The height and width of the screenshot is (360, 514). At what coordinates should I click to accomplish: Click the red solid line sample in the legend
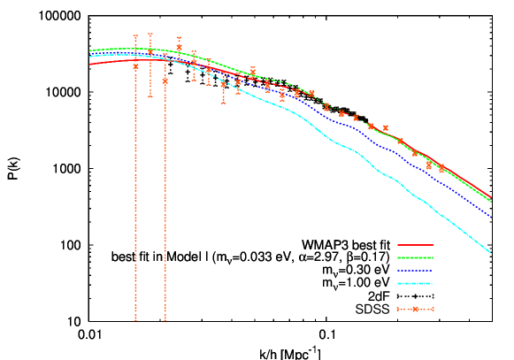coord(415,244)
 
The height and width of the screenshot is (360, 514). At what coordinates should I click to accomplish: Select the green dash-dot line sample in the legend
coord(415,257)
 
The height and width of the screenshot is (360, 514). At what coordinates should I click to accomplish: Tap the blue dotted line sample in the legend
coord(415,271)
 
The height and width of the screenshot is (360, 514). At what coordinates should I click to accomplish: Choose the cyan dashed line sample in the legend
coord(415,284)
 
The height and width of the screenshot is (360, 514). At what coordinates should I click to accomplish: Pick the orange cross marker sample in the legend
coord(415,309)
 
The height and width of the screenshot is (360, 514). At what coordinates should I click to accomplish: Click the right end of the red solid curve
coord(491,198)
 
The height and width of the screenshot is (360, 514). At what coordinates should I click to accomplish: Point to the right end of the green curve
coord(491,203)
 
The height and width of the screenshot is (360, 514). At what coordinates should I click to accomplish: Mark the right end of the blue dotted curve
coord(491,218)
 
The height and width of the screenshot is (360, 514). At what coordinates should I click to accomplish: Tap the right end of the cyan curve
coord(491,254)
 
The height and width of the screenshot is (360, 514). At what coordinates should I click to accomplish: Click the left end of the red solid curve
coord(89,64)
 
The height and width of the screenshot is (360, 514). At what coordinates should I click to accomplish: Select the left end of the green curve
coord(89,50)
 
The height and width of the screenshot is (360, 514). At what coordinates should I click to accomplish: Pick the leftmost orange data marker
coord(135,66)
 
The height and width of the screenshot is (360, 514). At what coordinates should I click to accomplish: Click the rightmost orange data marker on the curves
coord(442,168)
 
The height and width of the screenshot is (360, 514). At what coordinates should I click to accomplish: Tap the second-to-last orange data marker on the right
coord(429,165)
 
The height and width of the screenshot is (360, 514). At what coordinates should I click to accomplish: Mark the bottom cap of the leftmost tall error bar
coord(135,321)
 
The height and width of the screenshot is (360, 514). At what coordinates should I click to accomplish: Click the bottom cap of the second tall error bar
coord(165,321)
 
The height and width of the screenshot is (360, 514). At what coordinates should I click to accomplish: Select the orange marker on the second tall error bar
coord(165,80)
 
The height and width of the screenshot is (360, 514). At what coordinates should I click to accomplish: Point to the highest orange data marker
coord(180,48)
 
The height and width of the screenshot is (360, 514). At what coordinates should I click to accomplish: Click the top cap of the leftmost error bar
coord(135,35)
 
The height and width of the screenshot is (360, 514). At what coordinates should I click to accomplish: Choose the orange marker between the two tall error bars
coord(150,53)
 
